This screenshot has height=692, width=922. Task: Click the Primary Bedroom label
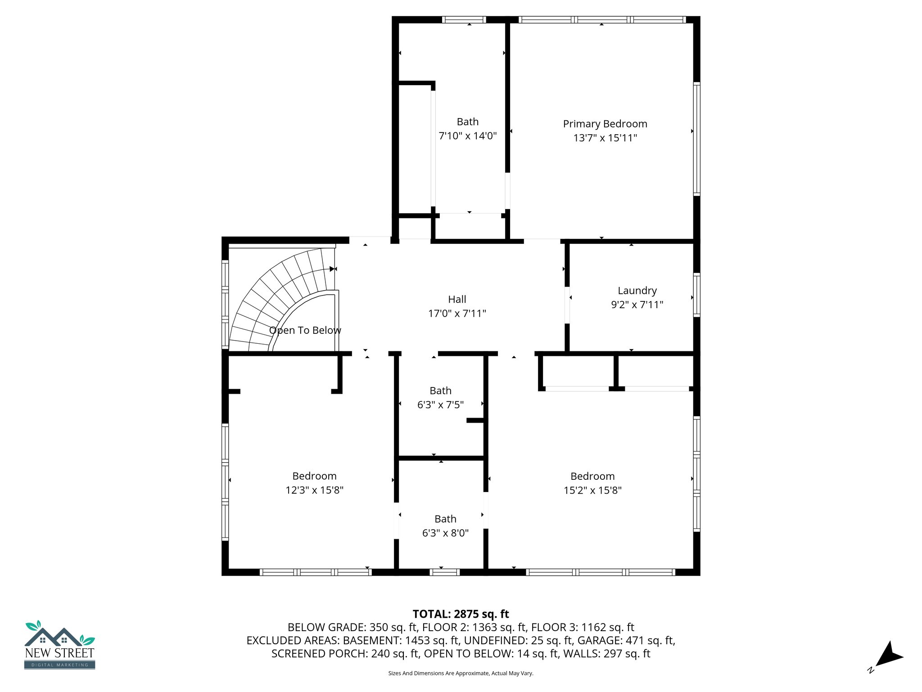tap(605, 124)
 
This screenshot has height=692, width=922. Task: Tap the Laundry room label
tap(637, 291)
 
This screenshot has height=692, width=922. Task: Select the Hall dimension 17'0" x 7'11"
tap(457, 314)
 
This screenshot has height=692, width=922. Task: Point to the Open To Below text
tap(305, 330)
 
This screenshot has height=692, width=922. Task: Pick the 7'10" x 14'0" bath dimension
tap(467, 136)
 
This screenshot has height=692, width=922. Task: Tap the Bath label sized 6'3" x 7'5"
tap(440, 391)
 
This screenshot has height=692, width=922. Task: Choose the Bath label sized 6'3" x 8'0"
tap(445, 519)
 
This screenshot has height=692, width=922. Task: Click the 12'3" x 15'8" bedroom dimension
tap(314, 490)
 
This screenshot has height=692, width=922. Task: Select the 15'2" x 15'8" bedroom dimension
tap(592, 490)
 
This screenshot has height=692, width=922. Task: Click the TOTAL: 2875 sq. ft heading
tap(461, 614)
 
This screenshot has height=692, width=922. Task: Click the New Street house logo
tap(59, 644)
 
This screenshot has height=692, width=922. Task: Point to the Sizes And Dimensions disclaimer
tap(461, 674)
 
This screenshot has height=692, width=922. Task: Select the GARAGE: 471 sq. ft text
tap(626, 640)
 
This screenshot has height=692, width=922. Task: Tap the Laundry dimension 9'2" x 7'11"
tap(637, 305)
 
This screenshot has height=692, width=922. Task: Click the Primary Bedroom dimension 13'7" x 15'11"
tap(605, 138)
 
